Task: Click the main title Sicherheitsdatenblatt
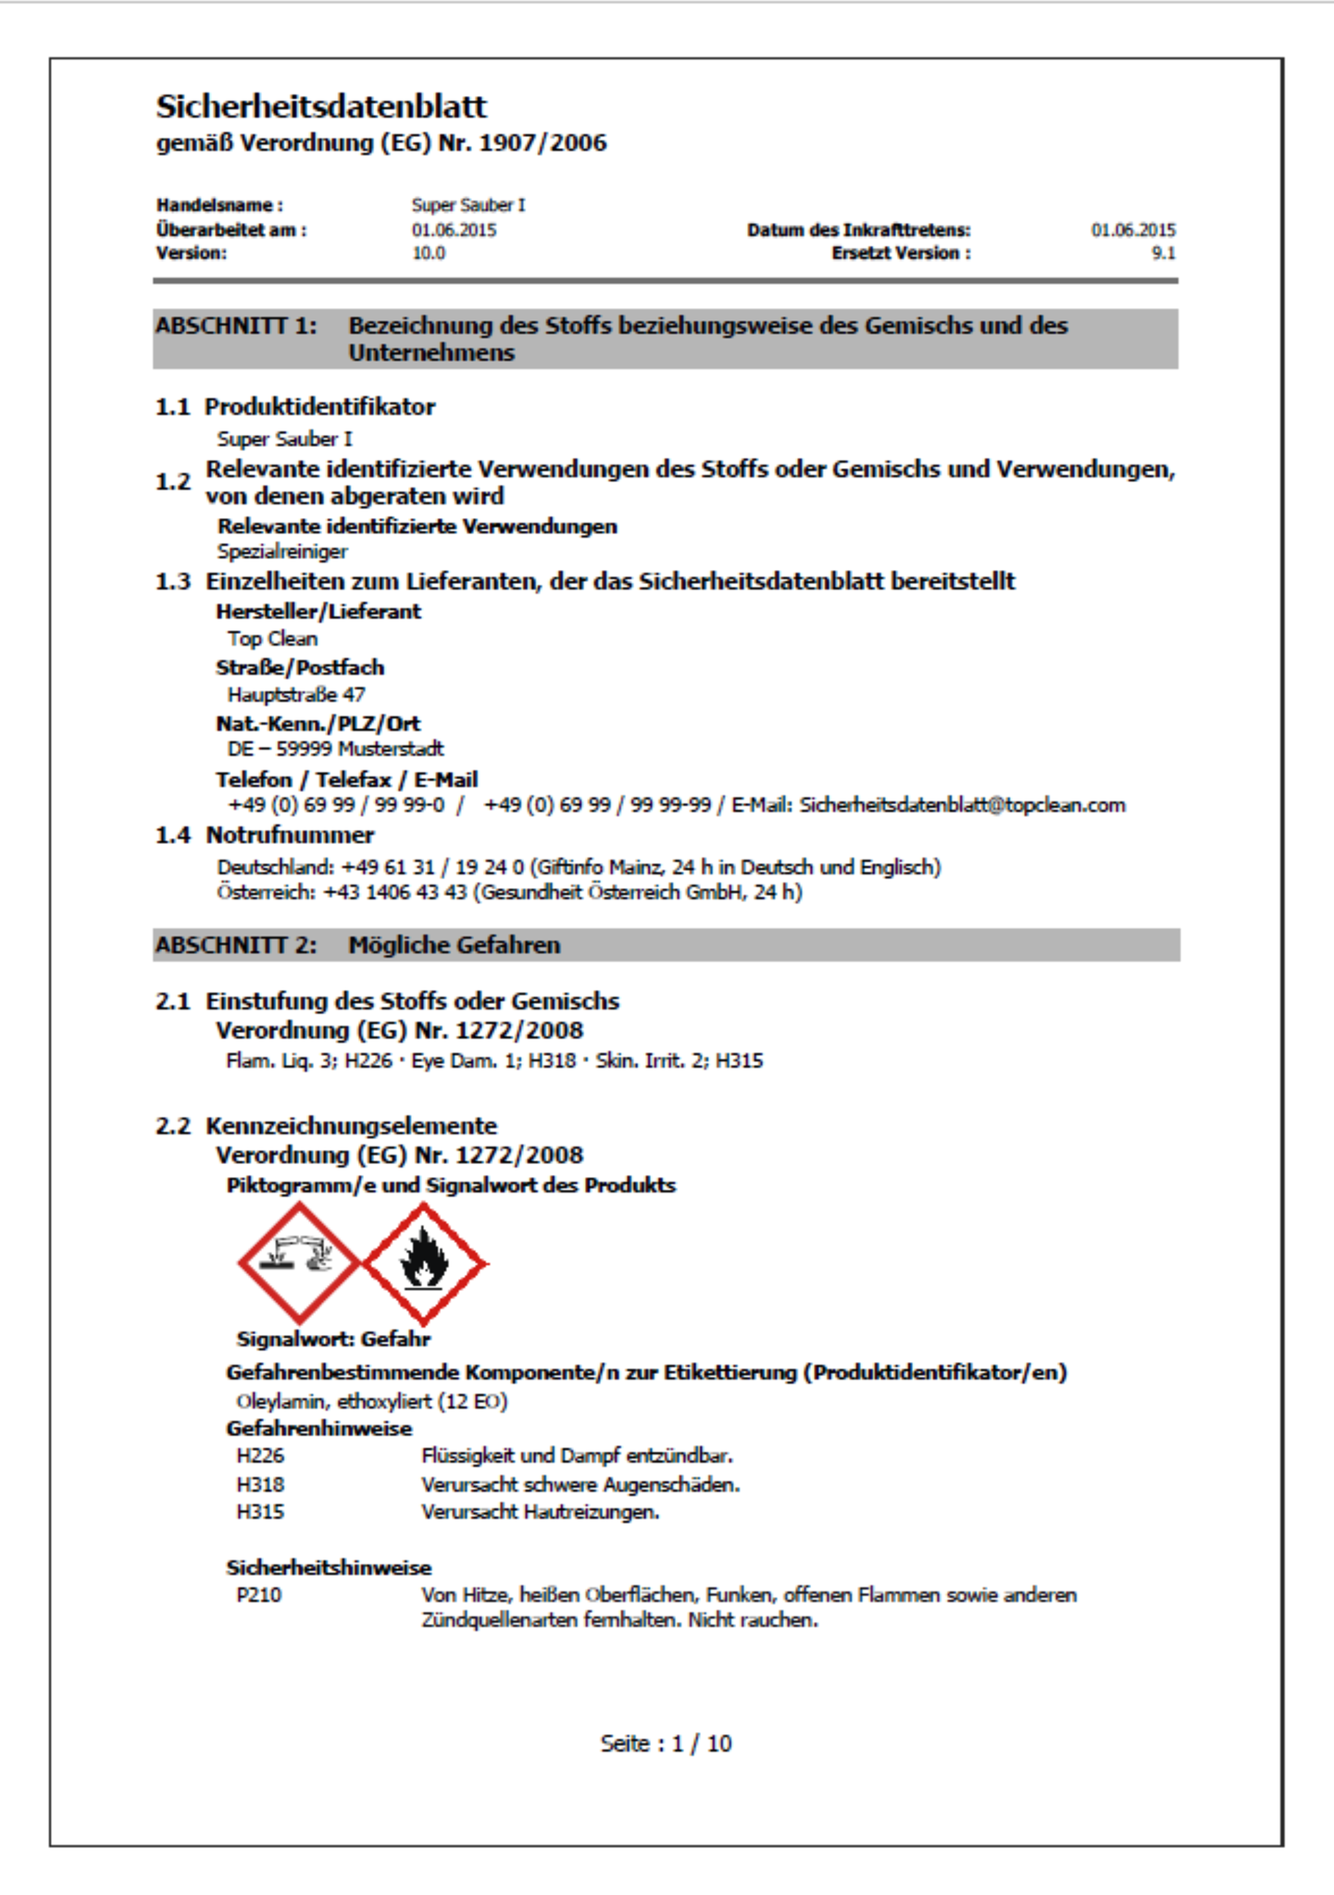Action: pyautogui.click(x=320, y=106)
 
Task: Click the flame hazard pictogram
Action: pyautogui.click(x=424, y=1263)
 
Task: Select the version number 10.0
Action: pyautogui.click(x=429, y=254)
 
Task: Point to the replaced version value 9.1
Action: pyautogui.click(x=1163, y=254)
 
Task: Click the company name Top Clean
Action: pyautogui.click(x=272, y=638)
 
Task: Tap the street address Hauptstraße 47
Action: pyautogui.click(x=296, y=694)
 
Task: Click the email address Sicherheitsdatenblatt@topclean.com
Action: pyautogui.click(x=962, y=805)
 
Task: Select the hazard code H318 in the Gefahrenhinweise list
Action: pyautogui.click(x=260, y=1484)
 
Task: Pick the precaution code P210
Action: pyautogui.click(x=258, y=1594)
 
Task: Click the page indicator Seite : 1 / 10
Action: pyautogui.click(x=666, y=1743)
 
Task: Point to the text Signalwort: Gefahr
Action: pyautogui.click(x=333, y=1339)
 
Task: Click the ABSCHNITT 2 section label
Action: pyautogui.click(x=236, y=945)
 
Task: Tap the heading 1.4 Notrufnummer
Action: pyautogui.click(x=265, y=835)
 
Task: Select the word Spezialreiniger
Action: pyautogui.click(x=282, y=551)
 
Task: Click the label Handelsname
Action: pyautogui.click(x=219, y=205)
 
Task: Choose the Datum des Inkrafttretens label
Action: pyautogui.click(x=858, y=230)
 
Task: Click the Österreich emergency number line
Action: pyautogui.click(x=509, y=892)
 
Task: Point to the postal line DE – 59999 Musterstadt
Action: pyautogui.click(x=335, y=749)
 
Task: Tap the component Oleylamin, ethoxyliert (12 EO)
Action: pyautogui.click(x=371, y=1401)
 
